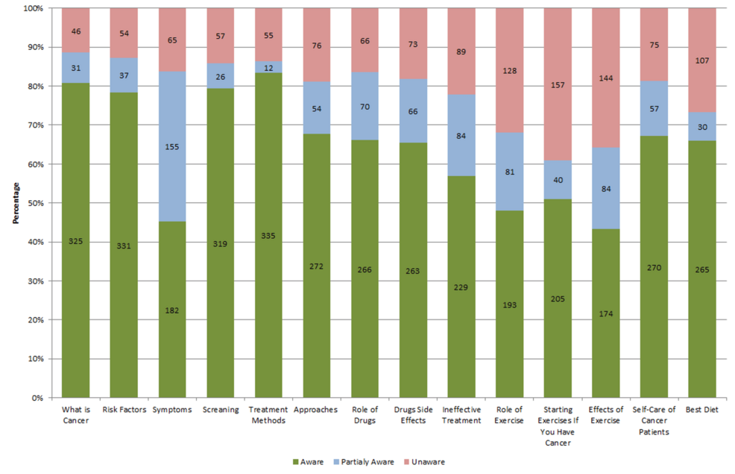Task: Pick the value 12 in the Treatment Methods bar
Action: point(268,67)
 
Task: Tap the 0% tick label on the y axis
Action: point(35,398)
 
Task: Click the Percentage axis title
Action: point(16,203)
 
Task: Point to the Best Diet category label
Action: point(702,410)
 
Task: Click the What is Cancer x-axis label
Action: point(75,414)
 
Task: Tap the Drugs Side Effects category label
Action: point(413,414)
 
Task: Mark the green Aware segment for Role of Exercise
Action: point(510,328)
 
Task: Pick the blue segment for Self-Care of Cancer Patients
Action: point(654,108)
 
